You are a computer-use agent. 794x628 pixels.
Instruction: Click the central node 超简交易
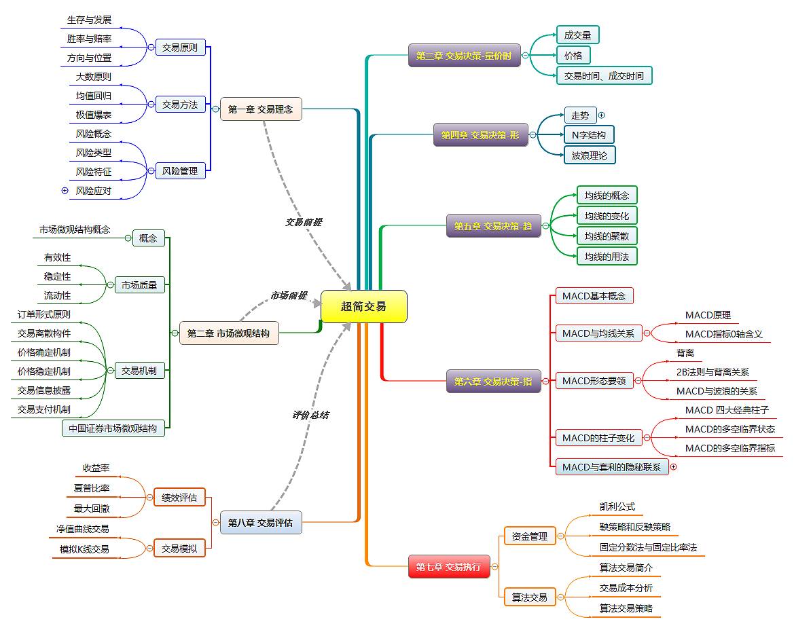363,306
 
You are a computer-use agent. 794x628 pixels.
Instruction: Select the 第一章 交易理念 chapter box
261,109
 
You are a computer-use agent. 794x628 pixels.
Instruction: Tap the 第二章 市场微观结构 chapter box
229,333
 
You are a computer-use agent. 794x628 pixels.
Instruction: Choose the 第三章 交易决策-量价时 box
464,55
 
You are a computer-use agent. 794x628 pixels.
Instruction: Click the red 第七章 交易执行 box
449,566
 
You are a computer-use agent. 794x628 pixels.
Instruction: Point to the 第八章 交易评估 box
261,522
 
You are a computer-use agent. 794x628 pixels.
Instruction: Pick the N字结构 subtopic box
589,134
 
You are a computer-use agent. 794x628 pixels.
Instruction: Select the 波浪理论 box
589,155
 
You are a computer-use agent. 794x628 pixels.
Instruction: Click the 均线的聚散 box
607,236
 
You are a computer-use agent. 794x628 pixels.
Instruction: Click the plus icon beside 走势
602,115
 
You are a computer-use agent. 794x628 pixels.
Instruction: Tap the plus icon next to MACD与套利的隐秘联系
674,467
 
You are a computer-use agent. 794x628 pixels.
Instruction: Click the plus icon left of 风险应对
65,191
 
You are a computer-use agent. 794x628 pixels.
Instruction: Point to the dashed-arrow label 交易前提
304,222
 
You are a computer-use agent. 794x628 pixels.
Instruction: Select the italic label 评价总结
311,415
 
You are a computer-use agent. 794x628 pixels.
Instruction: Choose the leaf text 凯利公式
617,506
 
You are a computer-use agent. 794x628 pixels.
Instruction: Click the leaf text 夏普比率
92,488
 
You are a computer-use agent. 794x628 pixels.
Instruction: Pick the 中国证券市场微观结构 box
113,428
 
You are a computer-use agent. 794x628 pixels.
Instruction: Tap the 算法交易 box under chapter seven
530,597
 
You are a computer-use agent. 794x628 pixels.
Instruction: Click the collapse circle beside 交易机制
110,371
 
